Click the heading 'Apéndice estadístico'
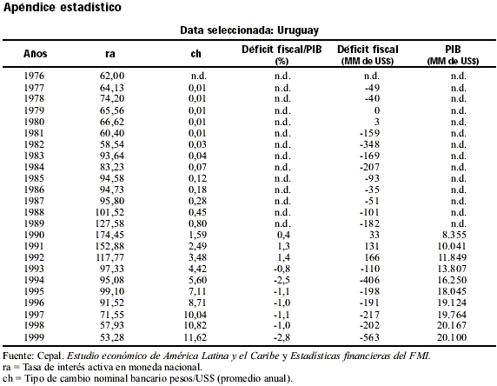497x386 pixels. tap(63, 7)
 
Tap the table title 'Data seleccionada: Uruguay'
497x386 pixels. tap(249, 30)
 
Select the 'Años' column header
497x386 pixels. tap(35, 54)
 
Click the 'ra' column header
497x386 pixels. tap(110, 54)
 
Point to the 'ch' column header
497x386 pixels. tap(195, 54)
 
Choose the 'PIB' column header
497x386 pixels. tap(453, 50)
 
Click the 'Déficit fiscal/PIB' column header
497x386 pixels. tap(282, 50)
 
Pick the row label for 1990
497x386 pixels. tap(34, 235)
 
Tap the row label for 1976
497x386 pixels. tap(34, 76)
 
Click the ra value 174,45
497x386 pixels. tap(109, 235)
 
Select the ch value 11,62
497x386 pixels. tap(195, 337)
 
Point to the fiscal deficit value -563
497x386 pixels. tap(369, 337)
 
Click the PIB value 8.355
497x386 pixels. tap(454, 235)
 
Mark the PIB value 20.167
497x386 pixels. tap(452, 325)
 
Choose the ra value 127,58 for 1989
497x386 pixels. tap(109, 223)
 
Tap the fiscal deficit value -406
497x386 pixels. tap(369, 280)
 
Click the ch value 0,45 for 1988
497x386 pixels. tap(197, 212)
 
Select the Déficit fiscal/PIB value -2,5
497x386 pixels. tap(282, 281)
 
